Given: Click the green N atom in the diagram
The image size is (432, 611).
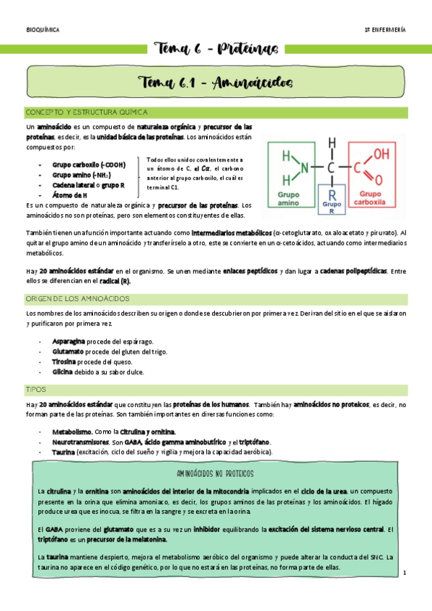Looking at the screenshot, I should coord(304,168).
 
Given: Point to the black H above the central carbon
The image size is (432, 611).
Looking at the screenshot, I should coord(332,141).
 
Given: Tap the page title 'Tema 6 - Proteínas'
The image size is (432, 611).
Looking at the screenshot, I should coord(215,48).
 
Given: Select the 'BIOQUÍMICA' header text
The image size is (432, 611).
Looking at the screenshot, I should coord(43,30).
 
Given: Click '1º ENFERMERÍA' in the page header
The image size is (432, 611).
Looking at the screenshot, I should coord(384,30).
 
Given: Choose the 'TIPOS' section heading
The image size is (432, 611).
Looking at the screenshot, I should coord(35,389).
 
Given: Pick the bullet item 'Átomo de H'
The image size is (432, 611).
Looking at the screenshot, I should coord(69,195).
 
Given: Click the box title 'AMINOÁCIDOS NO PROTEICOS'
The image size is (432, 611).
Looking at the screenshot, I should coord(215,474).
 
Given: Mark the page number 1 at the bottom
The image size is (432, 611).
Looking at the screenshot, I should coord(405,572).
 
